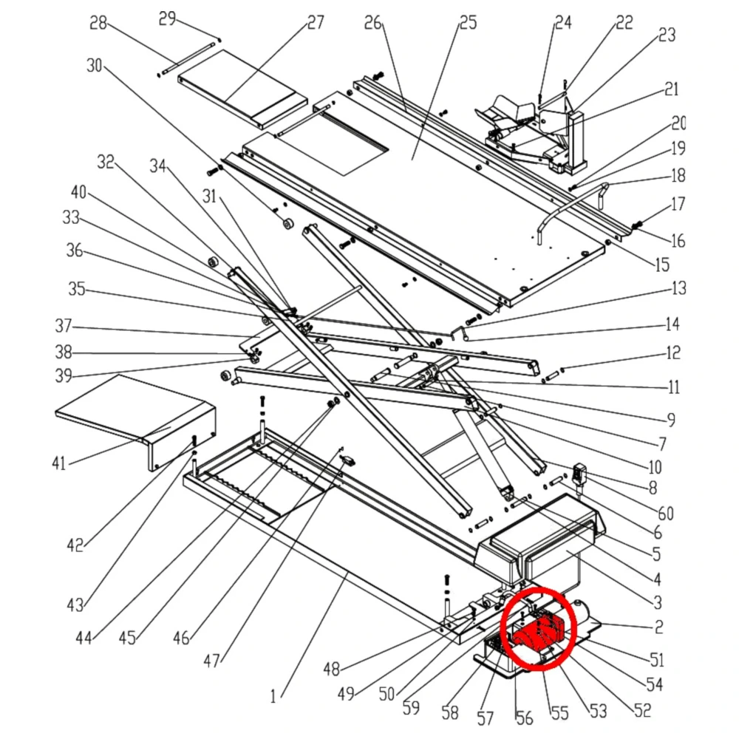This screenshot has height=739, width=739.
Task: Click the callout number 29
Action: point(168,18)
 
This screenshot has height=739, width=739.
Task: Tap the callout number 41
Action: point(59,463)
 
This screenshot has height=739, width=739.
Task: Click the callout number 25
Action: point(468,23)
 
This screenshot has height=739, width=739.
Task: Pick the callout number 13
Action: point(678,287)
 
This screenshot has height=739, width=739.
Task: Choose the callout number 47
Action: point(213,661)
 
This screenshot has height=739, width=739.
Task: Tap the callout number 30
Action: point(95,66)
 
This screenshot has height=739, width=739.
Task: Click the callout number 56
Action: point(523,717)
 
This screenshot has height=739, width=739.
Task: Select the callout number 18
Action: point(678,176)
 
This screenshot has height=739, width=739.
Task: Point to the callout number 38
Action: point(64,352)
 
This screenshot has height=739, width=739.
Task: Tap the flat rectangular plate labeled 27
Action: point(242,92)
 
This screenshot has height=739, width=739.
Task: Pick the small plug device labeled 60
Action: point(580,474)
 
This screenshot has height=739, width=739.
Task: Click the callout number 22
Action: point(624,23)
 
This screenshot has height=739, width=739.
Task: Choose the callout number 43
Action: point(75,605)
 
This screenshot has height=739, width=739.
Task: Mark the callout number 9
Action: point(671,420)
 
